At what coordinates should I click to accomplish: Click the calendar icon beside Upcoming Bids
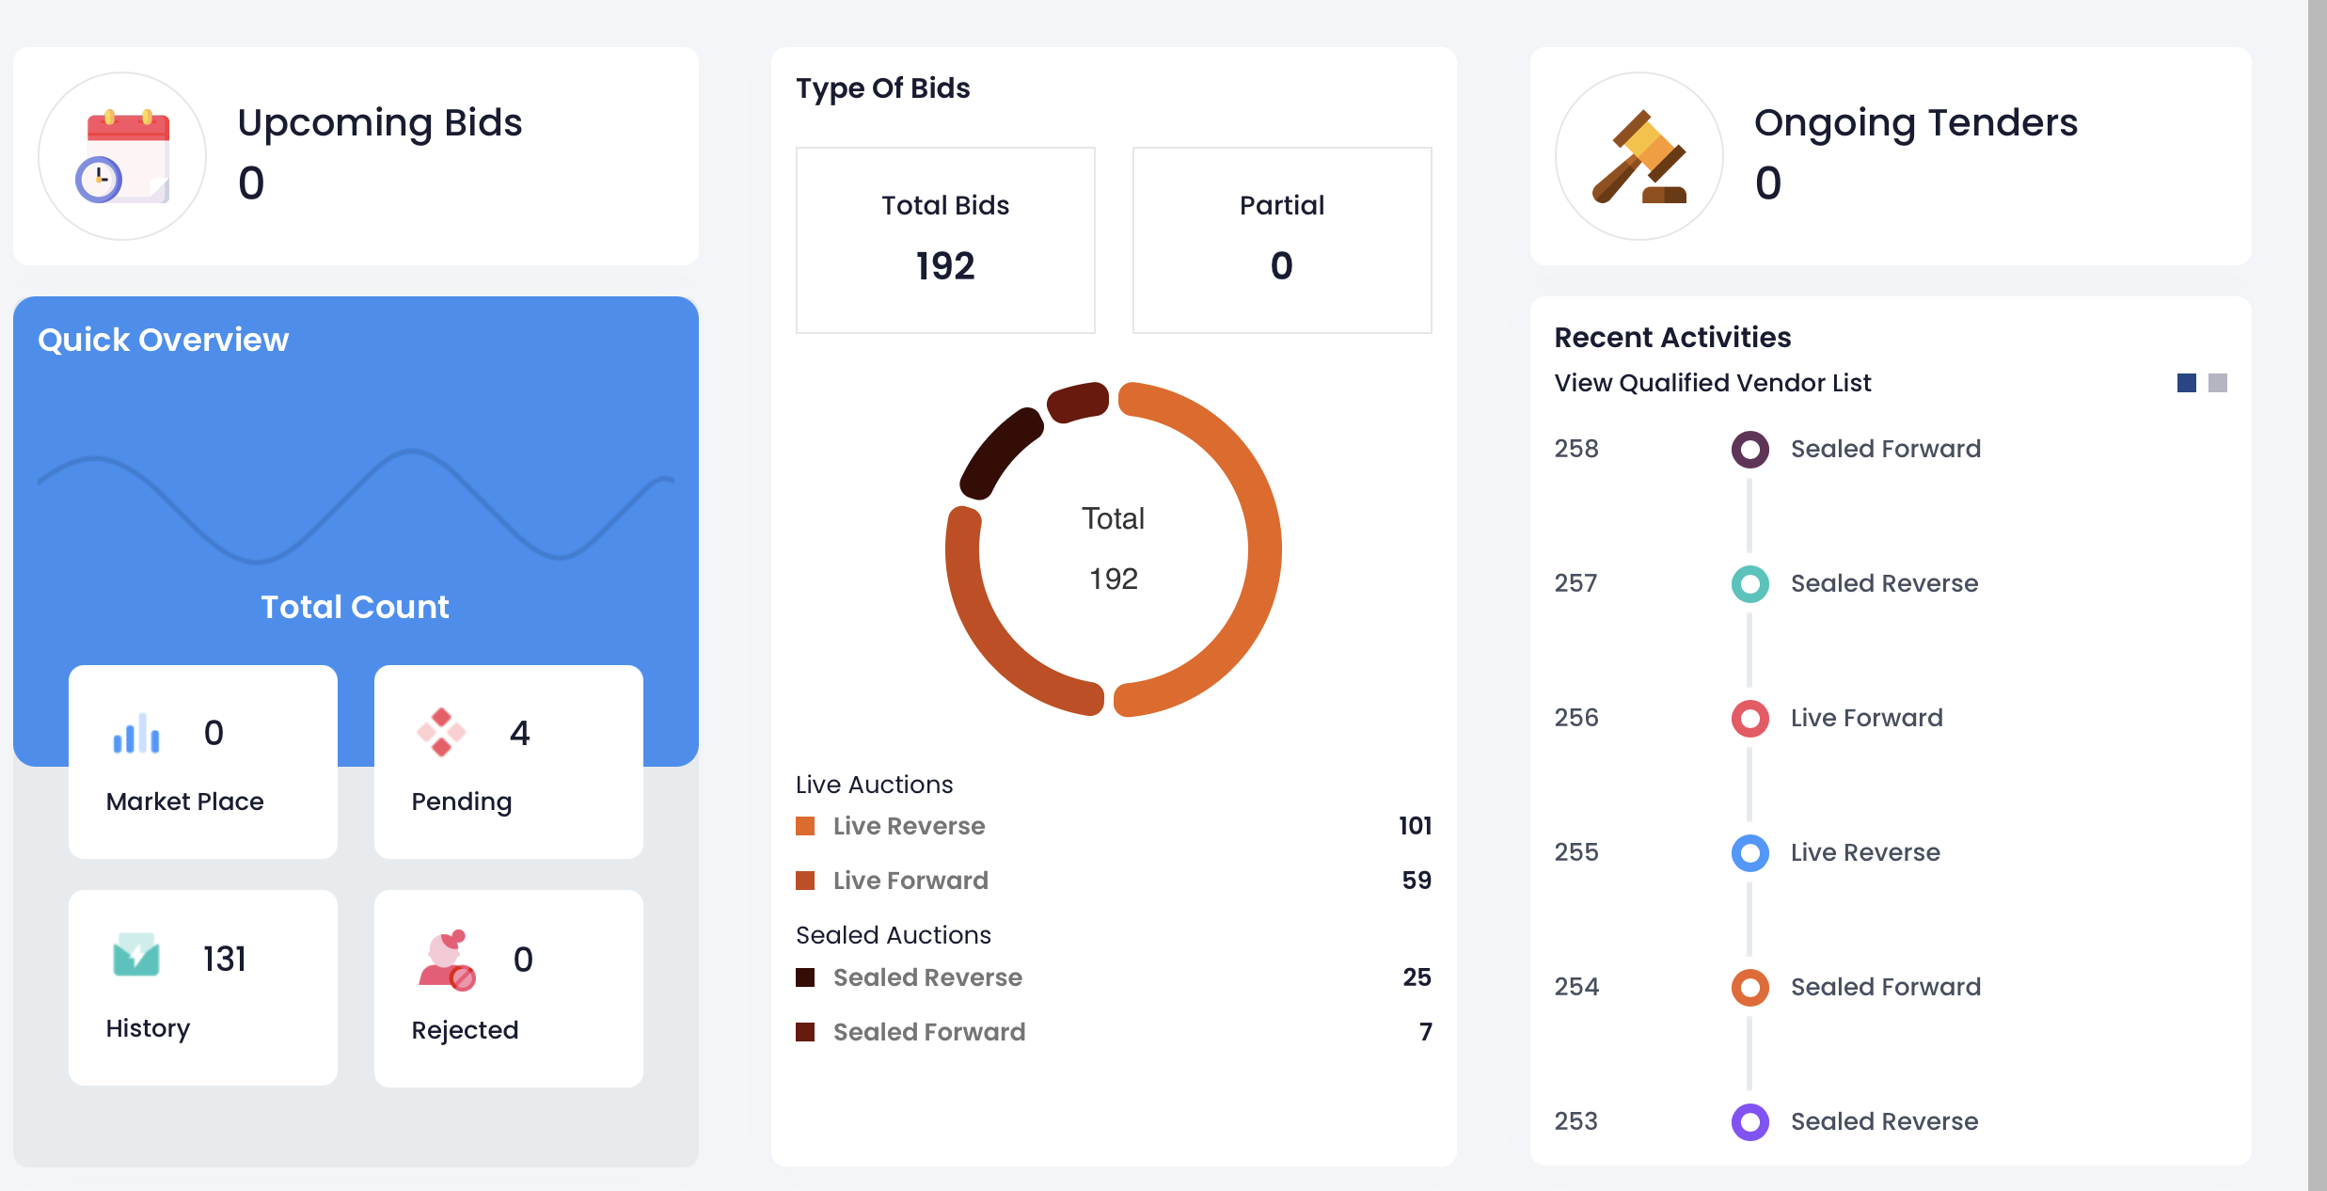point(123,156)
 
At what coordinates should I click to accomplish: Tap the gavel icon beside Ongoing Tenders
point(1638,156)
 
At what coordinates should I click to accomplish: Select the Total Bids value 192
point(945,266)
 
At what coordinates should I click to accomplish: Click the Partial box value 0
point(1281,266)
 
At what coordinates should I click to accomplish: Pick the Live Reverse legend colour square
point(805,826)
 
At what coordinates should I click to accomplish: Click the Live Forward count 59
point(1416,881)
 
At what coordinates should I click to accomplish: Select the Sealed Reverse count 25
point(1416,977)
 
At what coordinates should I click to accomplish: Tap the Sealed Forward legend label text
point(928,1032)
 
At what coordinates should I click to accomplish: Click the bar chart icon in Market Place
point(136,734)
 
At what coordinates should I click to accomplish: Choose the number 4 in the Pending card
point(519,733)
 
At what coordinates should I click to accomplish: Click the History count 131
point(224,959)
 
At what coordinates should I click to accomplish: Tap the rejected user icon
point(447,961)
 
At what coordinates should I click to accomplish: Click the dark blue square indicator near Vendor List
point(2186,383)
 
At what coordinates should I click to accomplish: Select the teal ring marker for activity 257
point(1749,584)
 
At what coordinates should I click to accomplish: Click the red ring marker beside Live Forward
point(1749,719)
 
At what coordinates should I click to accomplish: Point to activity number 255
point(1575,852)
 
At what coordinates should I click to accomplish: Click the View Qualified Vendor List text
point(1712,383)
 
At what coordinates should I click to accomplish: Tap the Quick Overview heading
point(163,340)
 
